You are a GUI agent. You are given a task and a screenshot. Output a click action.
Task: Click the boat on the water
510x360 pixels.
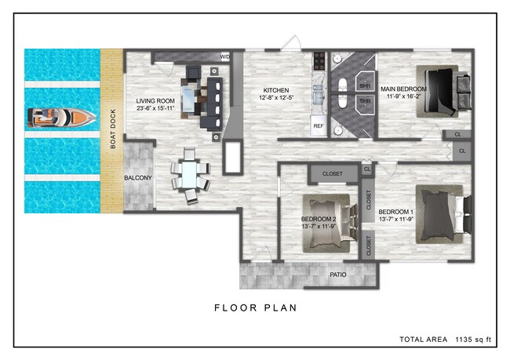point(61,118)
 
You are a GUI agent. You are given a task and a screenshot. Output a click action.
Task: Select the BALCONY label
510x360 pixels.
point(138,178)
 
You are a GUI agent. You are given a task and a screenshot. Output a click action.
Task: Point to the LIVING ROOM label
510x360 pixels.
point(155,101)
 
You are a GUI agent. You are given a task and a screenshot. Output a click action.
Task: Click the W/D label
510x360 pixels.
point(225,57)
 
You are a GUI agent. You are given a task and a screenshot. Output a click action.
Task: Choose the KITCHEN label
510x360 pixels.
point(276,90)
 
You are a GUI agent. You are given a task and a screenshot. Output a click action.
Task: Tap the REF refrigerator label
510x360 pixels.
point(319,125)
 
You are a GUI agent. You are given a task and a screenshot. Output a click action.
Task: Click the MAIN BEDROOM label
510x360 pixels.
point(403,89)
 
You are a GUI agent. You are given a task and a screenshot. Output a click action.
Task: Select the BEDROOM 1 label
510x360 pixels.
point(395,212)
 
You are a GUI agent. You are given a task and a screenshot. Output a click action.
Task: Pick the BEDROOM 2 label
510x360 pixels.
point(319,219)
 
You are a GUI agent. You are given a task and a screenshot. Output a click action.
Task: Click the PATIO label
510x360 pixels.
point(338,275)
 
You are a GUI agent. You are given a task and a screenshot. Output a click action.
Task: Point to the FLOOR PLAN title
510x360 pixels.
point(256,308)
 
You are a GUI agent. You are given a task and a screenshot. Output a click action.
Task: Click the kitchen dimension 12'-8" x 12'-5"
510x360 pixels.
point(276,99)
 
